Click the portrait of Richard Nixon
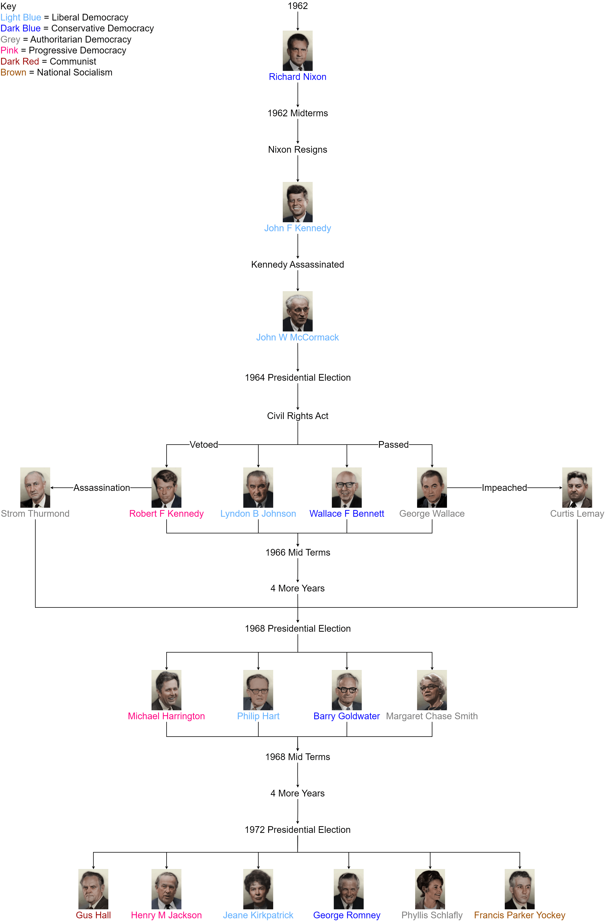[x=298, y=51]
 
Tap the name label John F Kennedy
[x=298, y=228]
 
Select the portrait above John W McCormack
[x=298, y=311]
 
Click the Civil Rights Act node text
[x=298, y=416]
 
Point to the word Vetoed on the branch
[x=204, y=445]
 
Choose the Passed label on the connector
[x=393, y=445]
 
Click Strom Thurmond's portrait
[x=35, y=488]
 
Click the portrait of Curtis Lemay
[x=577, y=488]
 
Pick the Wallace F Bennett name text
[x=347, y=514]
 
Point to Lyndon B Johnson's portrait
[x=258, y=488]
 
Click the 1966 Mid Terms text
[x=298, y=553]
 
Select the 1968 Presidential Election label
[x=298, y=628]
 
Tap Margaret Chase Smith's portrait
[x=432, y=690]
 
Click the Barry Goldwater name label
[x=347, y=716]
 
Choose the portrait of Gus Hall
[x=93, y=889]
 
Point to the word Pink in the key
[x=9, y=51]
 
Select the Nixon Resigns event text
[x=298, y=150]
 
